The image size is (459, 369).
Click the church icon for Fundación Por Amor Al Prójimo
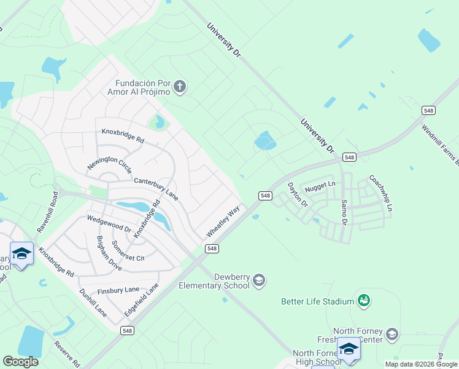[x=180, y=87]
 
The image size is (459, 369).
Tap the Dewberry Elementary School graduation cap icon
[x=258, y=280]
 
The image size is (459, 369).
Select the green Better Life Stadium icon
[x=364, y=301]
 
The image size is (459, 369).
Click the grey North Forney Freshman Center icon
[x=391, y=334]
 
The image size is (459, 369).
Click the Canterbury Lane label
[x=156, y=188]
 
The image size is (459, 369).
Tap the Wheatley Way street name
[x=222, y=222]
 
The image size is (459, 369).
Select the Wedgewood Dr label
[x=109, y=223]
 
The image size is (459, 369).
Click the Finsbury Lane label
[x=118, y=291]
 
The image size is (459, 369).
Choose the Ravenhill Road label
[x=47, y=210]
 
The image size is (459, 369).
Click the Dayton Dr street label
[x=297, y=197]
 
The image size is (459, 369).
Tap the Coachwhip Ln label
[x=380, y=194]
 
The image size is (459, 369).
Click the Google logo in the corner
[x=20, y=362]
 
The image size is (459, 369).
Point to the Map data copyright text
[x=422, y=364]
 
